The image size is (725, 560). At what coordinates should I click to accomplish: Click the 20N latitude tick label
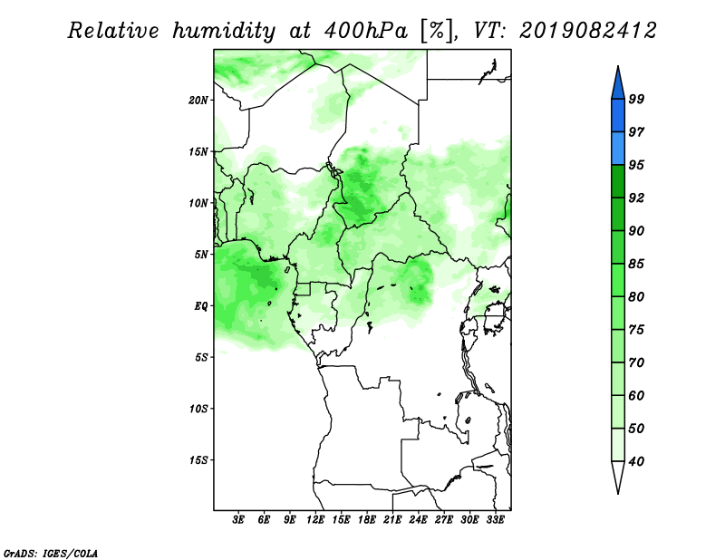pos(198,101)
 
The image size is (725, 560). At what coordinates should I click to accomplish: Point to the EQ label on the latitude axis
pos(201,306)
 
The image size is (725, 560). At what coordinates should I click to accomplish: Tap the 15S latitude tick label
pos(198,460)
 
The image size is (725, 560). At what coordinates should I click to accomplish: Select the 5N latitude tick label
pos(201,255)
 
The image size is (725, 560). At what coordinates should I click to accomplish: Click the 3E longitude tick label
pos(238,519)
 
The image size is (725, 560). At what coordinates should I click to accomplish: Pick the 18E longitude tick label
pos(367,519)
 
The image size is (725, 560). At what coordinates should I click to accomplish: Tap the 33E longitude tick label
pos(495,519)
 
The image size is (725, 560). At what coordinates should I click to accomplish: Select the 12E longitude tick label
pos(315,519)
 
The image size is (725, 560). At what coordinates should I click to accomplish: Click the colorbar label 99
pos(636,99)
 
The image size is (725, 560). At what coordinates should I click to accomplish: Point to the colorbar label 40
pos(636,461)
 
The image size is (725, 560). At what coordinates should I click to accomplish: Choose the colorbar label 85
pos(636,264)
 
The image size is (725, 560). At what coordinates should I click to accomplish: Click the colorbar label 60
pos(636,395)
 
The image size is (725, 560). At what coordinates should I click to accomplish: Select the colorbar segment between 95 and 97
pos(618,149)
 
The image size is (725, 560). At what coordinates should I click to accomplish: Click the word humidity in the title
pos(223,31)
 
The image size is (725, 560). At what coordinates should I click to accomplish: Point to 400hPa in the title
pos(366,31)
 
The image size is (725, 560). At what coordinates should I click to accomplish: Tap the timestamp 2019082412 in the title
pos(588,31)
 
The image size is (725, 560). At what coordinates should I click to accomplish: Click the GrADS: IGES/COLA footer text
pos(51,553)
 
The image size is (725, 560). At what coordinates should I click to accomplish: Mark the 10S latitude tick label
pos(198,409)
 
